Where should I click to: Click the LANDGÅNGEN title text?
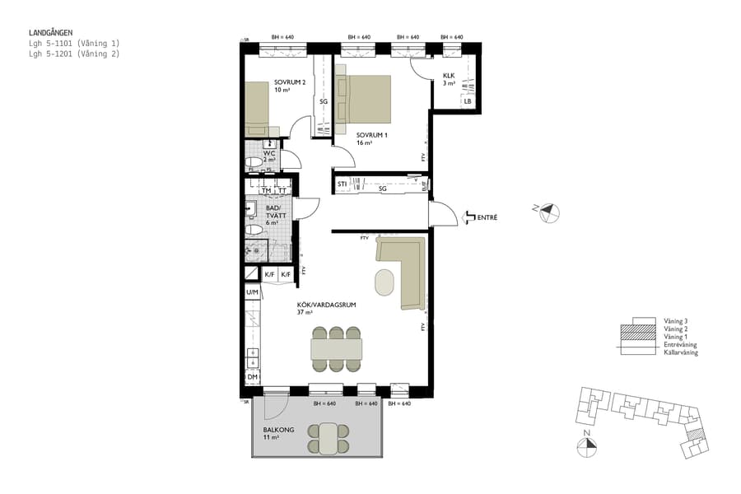point(51,33)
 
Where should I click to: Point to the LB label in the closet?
point(467,102)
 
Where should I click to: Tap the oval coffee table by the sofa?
point(384,282)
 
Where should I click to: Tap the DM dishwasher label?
point(252,378)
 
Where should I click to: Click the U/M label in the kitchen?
point(252,292)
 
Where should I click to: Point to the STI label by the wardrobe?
point(342,184)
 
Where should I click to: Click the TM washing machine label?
point(266,190)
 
